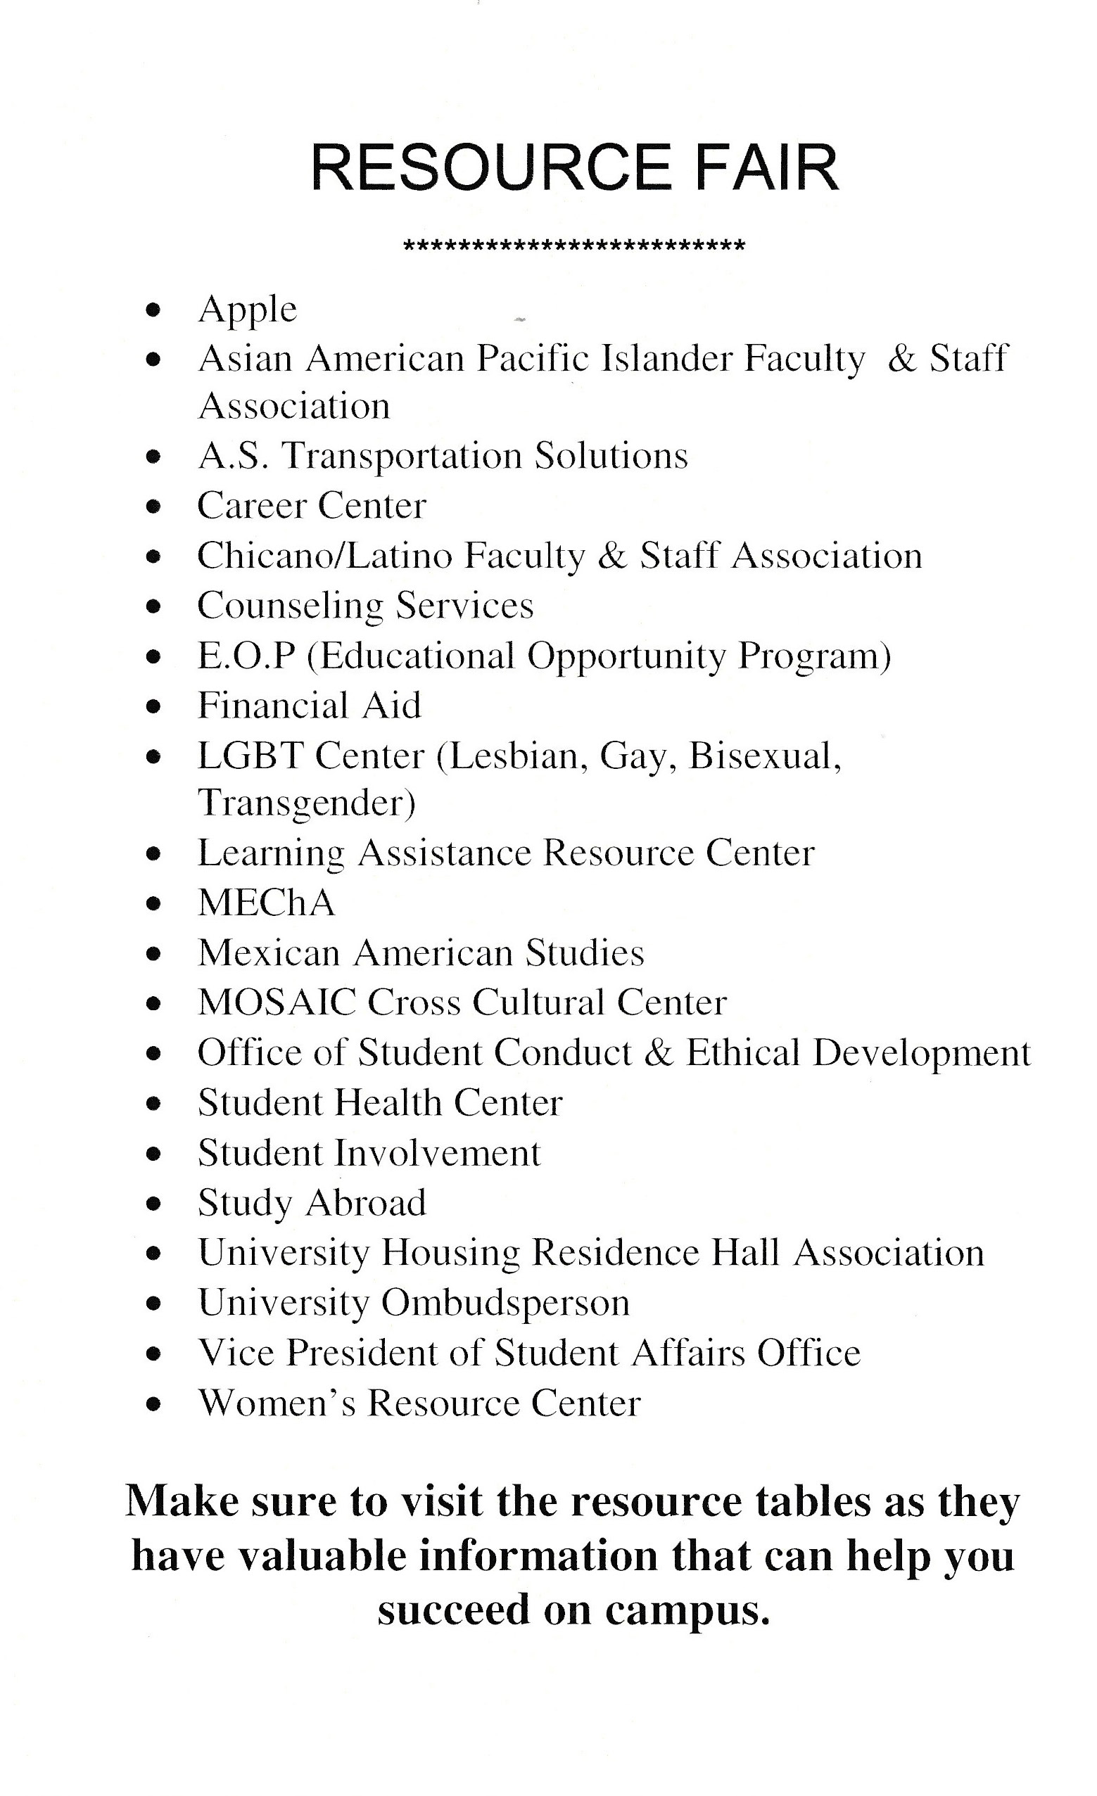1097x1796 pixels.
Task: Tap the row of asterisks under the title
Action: pyautogui.click(x=573, y=246)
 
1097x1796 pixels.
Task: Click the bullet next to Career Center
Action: pyautogui.click(x=152, y=507)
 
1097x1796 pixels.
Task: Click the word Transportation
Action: pyautogui.click(x=401, y=457)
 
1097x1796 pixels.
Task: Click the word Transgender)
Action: pyautogui.click(x=306, y=803)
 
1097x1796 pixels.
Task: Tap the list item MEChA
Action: pyautogui.click(x=266, y=903)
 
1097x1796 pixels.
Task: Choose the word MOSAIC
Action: pyautogui.click(x=277, y=1002)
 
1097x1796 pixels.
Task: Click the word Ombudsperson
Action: pyautogui.click(x=505, y=1303)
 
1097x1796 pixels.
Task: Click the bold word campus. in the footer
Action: pyautogui.click(x=687, y=1610)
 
